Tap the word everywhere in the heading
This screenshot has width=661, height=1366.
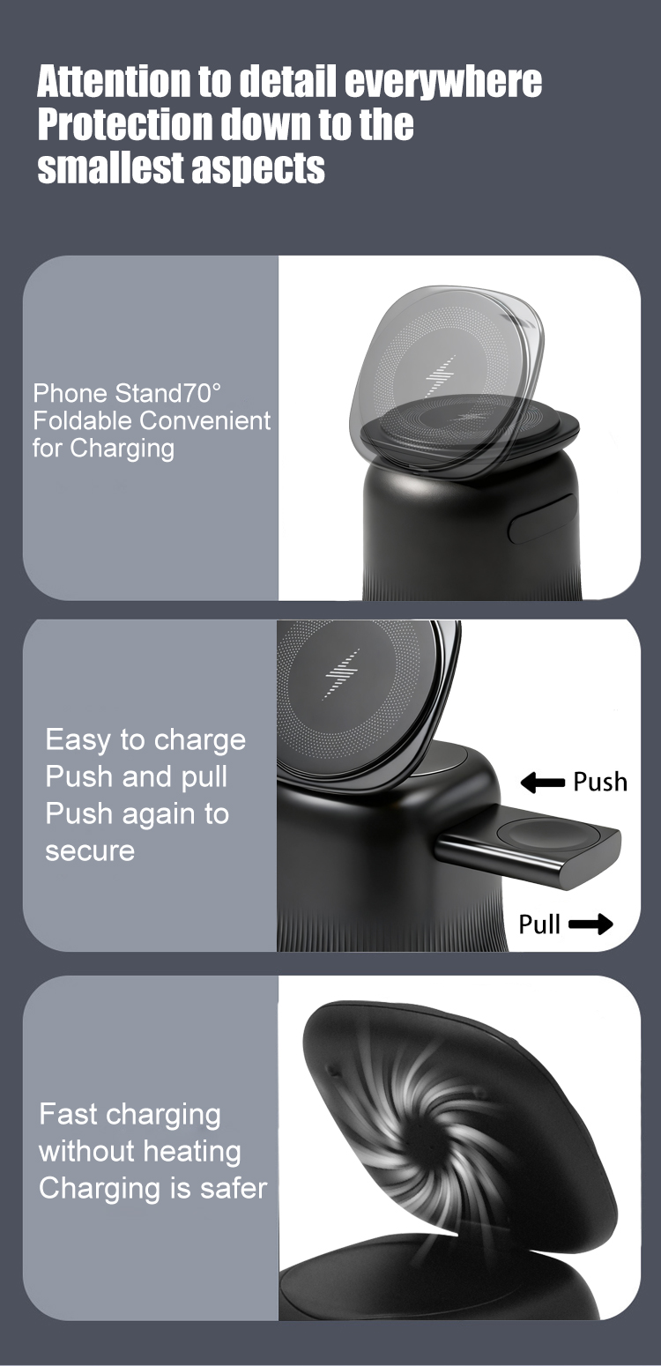pyautogui.click(x=443, y=82)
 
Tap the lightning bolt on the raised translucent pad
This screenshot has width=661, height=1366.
pyautogui.click(x=440, y=375)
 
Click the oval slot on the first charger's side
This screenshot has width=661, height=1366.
pyautogui.click(x=542, y=518)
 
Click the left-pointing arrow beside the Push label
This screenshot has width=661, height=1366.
pyautogui.click(x=542, y=782)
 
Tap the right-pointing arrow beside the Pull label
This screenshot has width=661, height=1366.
pyautogui.click(x=590, y=924)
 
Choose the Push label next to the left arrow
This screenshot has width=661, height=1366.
pyautogui.click(x=600, y=782)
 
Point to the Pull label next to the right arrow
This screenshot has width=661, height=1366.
pyautogui.click(x=539, y=924)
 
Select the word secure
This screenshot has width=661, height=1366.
pyautogui.click(x=90, y=851)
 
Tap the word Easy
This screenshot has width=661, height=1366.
pyautogui.click(x=77, y=740)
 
